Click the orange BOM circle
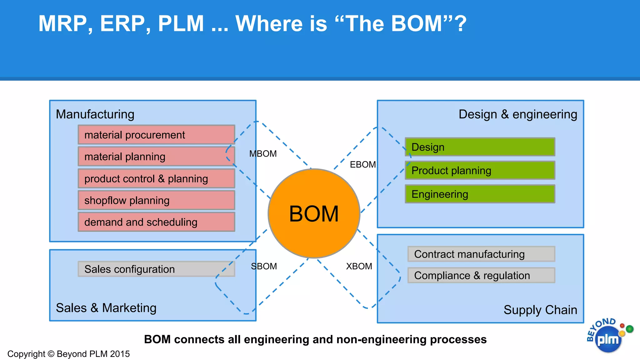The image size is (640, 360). tap(314, 214)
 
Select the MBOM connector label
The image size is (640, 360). tap(263, 154)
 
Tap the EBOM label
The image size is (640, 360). tap(362, 164)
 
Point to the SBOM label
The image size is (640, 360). tap(264, 266)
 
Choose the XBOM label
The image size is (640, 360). tap(359, 266)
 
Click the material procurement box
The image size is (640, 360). tap(156, 135)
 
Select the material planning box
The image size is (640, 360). tap(156, 156)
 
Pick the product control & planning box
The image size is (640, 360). tap(156, 178)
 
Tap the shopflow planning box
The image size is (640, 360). tap(156, 200)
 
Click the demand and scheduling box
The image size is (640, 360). tap(156, 222)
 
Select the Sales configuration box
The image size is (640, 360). tap(156, 269)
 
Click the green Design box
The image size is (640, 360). tap(480, 147)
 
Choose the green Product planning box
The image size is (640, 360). tap(480, 170)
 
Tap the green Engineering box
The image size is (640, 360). tap(480, 194)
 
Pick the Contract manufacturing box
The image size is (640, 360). tap(481, 254)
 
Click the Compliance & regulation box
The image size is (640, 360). tap(481, 275)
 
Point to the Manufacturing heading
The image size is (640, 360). tap(95, 114)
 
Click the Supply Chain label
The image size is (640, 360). tap(540, 310)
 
